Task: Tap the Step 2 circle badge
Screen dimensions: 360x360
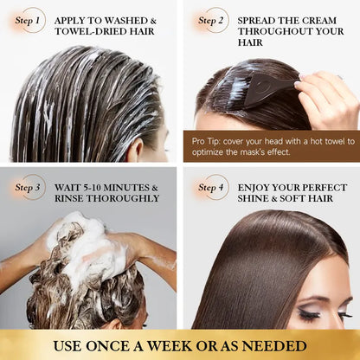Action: [x=213, y=20]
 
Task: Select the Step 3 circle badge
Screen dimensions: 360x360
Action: [x=29, y=187]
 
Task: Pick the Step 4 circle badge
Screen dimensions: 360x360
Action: [x=213, y=187]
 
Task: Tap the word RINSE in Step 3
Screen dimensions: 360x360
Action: [x=69, y=198]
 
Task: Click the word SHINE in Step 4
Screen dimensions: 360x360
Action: [x=255, y=198]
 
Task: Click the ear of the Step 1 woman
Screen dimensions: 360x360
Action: [x=137, y=149]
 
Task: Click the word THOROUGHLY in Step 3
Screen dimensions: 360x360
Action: [x=124, y=198]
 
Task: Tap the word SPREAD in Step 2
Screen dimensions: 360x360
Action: [x=260, y=19]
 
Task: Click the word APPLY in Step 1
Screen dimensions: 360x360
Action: [x=73, y=19]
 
